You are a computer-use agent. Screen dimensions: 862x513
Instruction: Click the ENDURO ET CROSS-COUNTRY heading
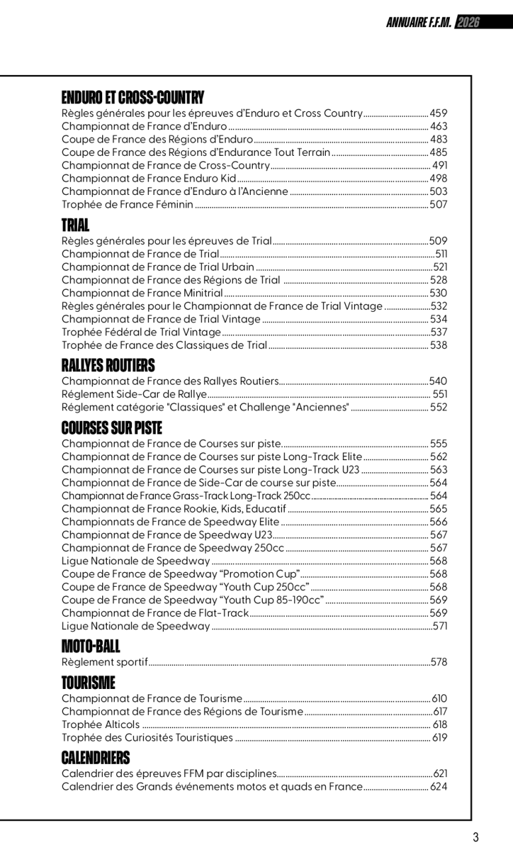pyautogui.click(x=133, y=98)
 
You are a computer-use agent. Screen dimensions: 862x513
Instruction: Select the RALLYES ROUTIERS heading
pyautogui.click(x=108, y=365)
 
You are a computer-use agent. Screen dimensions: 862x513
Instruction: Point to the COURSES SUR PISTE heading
pyautogui.click(x=111, y=428)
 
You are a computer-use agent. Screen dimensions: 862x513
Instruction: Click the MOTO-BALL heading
pyautogui.click(x=91, y=646)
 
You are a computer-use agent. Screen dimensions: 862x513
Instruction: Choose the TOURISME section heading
pyautogui.click(x=88, y=683)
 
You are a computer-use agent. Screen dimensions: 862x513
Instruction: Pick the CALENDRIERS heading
pyautogui.click(x=96, y=758)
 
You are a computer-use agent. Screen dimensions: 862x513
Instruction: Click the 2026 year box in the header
pyautogui.click(x=468, y=23)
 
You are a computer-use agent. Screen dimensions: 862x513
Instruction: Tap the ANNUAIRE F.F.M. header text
pyautogui.click(x=419, y=23)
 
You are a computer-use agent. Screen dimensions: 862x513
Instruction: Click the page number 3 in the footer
pyautogui.click(x=475, y=837)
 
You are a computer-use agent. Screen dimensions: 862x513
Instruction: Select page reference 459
pyautogui.click(x=439, y=113)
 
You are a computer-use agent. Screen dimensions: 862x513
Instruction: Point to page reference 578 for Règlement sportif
pyautogui.click(x=439, y=662)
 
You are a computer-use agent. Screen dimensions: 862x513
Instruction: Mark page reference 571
pyautogui.click(x=440, y=626)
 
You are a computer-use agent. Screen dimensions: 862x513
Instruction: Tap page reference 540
pyautogui.click(x=439, y=381)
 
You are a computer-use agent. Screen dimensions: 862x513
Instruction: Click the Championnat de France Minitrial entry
pyautogui.click(x=142, y=293)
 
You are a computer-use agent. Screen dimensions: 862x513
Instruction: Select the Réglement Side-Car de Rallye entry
pyautogui.click(x=134, y=395)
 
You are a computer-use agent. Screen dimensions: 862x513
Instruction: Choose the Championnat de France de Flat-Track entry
pyautogui.click(x=155, y=613)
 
